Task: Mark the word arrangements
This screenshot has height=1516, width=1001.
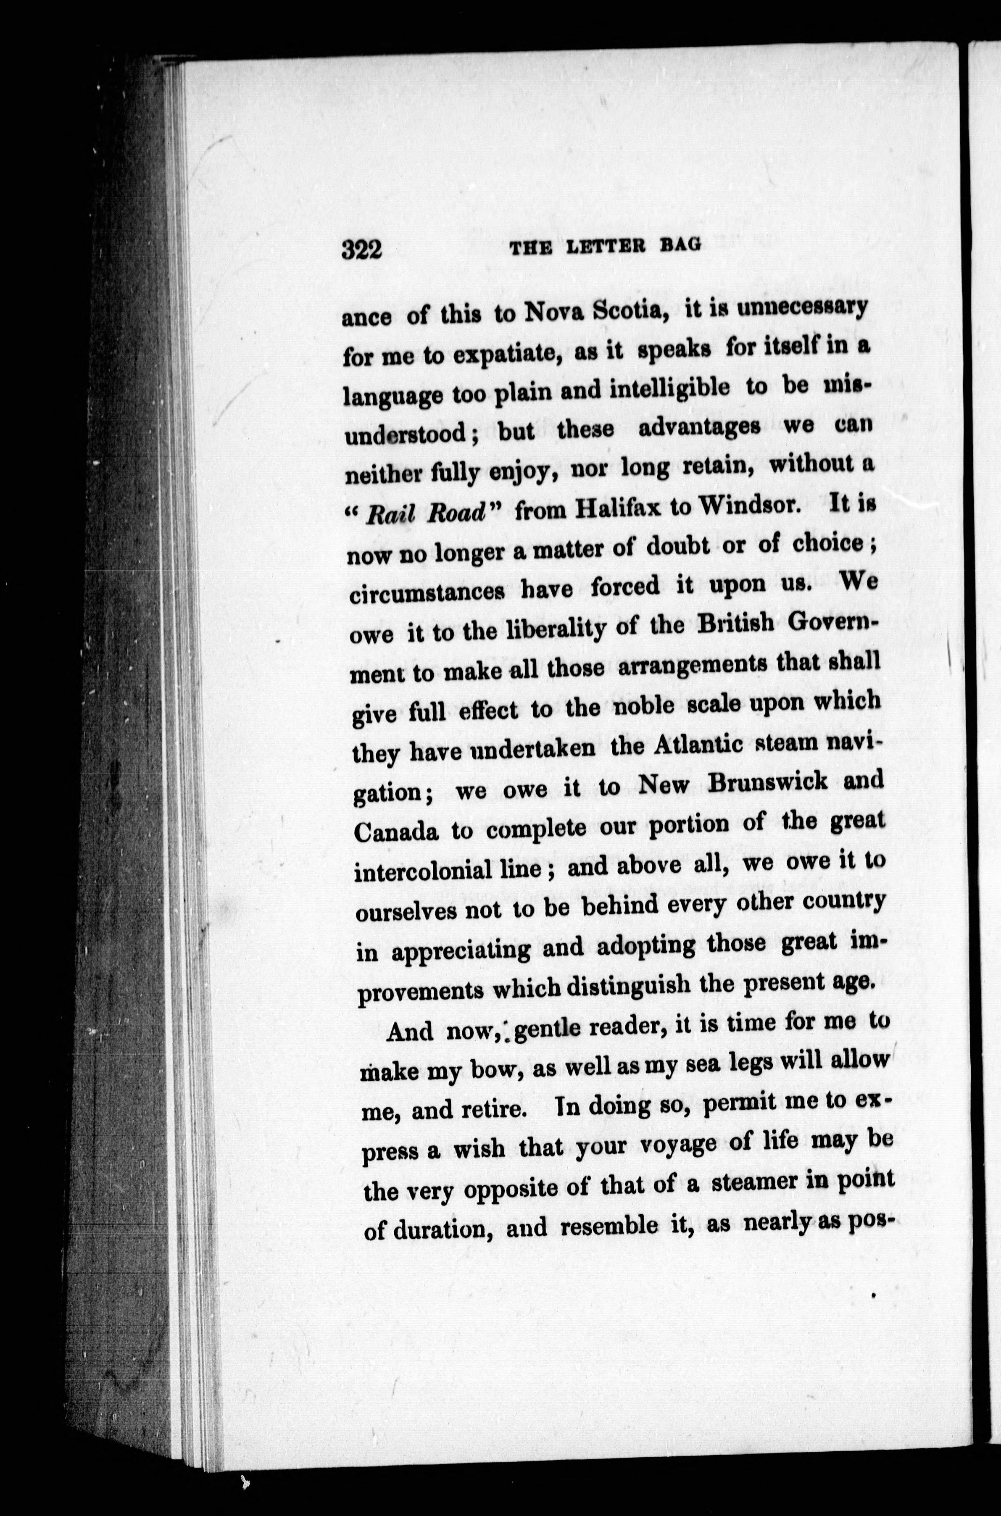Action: tap(691, 665)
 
